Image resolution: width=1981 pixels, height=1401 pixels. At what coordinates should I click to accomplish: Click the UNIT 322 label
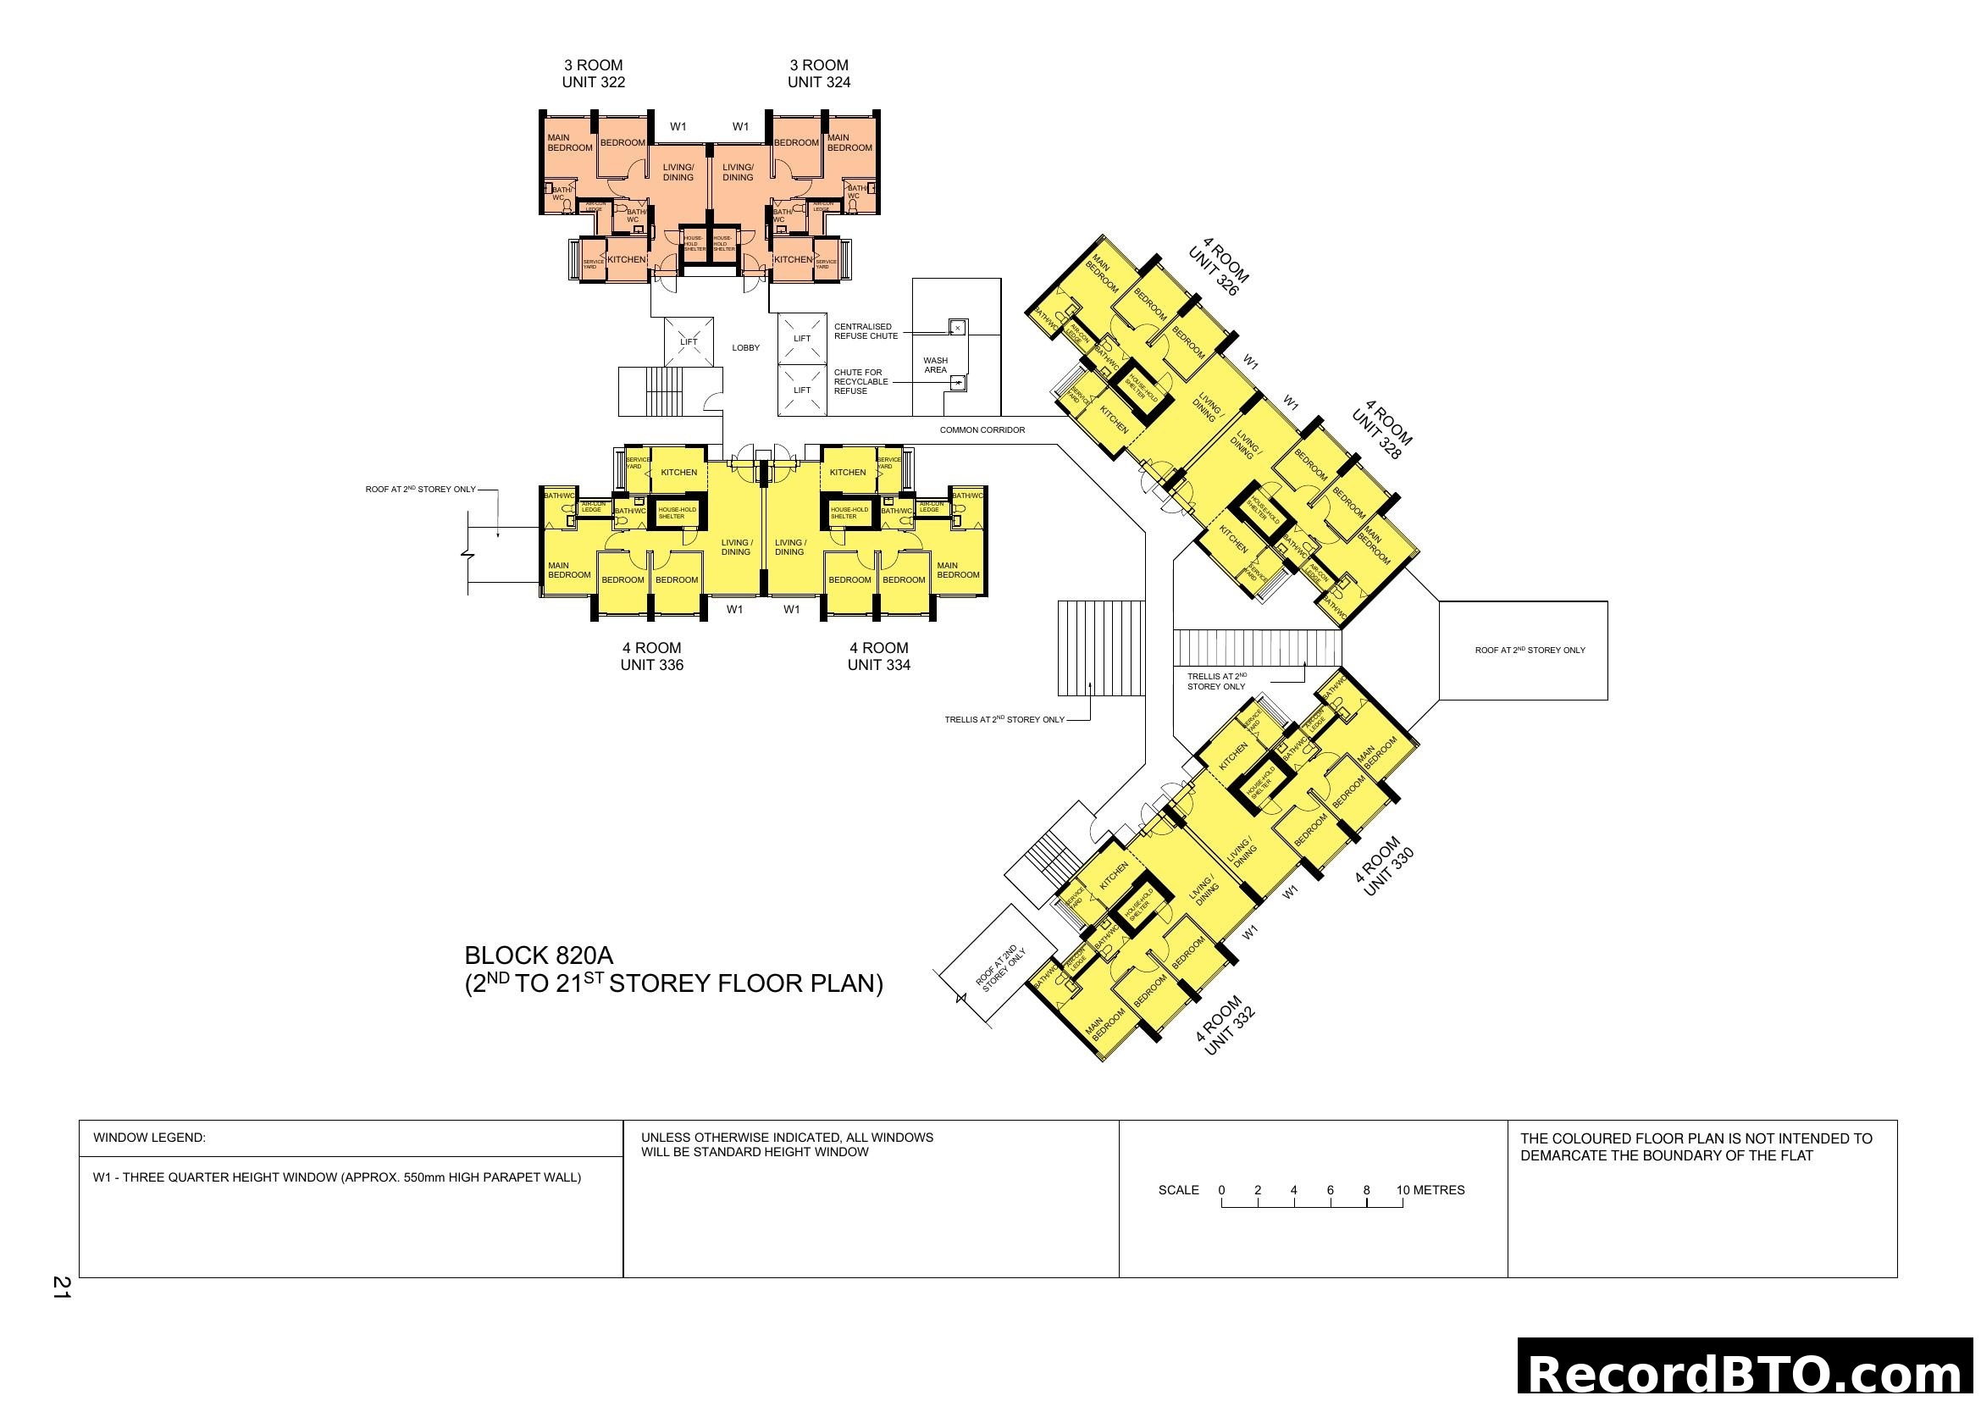[x=593, y=82]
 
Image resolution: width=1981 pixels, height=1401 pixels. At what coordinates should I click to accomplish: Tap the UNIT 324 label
[x=818, y=82]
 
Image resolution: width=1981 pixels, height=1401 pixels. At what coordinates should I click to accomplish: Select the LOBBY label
[x=745, y=347]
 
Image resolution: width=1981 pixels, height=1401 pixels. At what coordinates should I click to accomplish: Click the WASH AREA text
[x=935, y=365]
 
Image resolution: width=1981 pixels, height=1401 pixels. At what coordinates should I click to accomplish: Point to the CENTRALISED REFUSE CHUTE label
[x=866, y=331]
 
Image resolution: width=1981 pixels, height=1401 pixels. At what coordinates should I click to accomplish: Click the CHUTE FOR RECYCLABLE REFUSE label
[x=860, y=381]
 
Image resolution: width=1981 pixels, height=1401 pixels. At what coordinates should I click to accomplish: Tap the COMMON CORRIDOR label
[x=982, y=429]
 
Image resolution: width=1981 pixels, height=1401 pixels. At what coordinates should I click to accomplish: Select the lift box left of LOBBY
[x=689, y=341]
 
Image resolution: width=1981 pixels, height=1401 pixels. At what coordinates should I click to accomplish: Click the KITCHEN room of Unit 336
[x=678, y=472]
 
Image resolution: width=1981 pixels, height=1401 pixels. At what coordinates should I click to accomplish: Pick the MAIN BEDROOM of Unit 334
[x=958, y=570]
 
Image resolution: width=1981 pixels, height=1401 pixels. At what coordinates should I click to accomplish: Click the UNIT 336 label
[x=651, y=665]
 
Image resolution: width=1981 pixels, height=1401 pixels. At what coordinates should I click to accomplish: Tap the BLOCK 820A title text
[x=539, y=955]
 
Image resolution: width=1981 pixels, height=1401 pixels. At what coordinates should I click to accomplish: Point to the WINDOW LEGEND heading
[x=149, y=1138]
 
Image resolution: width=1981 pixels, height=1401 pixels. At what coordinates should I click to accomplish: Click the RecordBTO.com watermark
[x=1746, y=1371]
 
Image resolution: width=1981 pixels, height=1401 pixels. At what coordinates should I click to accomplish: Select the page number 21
[x=61, y=1287]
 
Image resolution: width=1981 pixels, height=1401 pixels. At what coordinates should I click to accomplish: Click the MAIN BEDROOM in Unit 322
[x=568, y=143]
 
